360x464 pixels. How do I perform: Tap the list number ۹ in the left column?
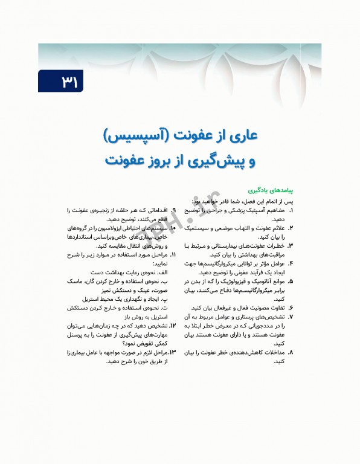pos(173,210)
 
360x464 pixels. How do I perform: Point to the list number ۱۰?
pos(173,228)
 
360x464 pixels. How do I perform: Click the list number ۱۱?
pos(173,255)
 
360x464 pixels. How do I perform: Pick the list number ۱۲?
pos(173,326)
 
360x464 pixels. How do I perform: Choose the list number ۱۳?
pos(172,352)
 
